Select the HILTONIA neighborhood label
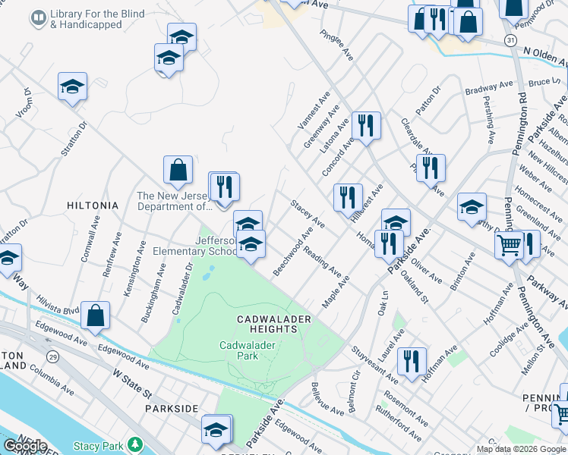93,206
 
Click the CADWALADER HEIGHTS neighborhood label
273,324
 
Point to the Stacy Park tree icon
135,444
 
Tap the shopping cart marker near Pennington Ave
509,244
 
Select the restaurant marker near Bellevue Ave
412,361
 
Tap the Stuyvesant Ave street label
374,364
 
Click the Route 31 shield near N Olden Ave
512,39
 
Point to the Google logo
24,446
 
